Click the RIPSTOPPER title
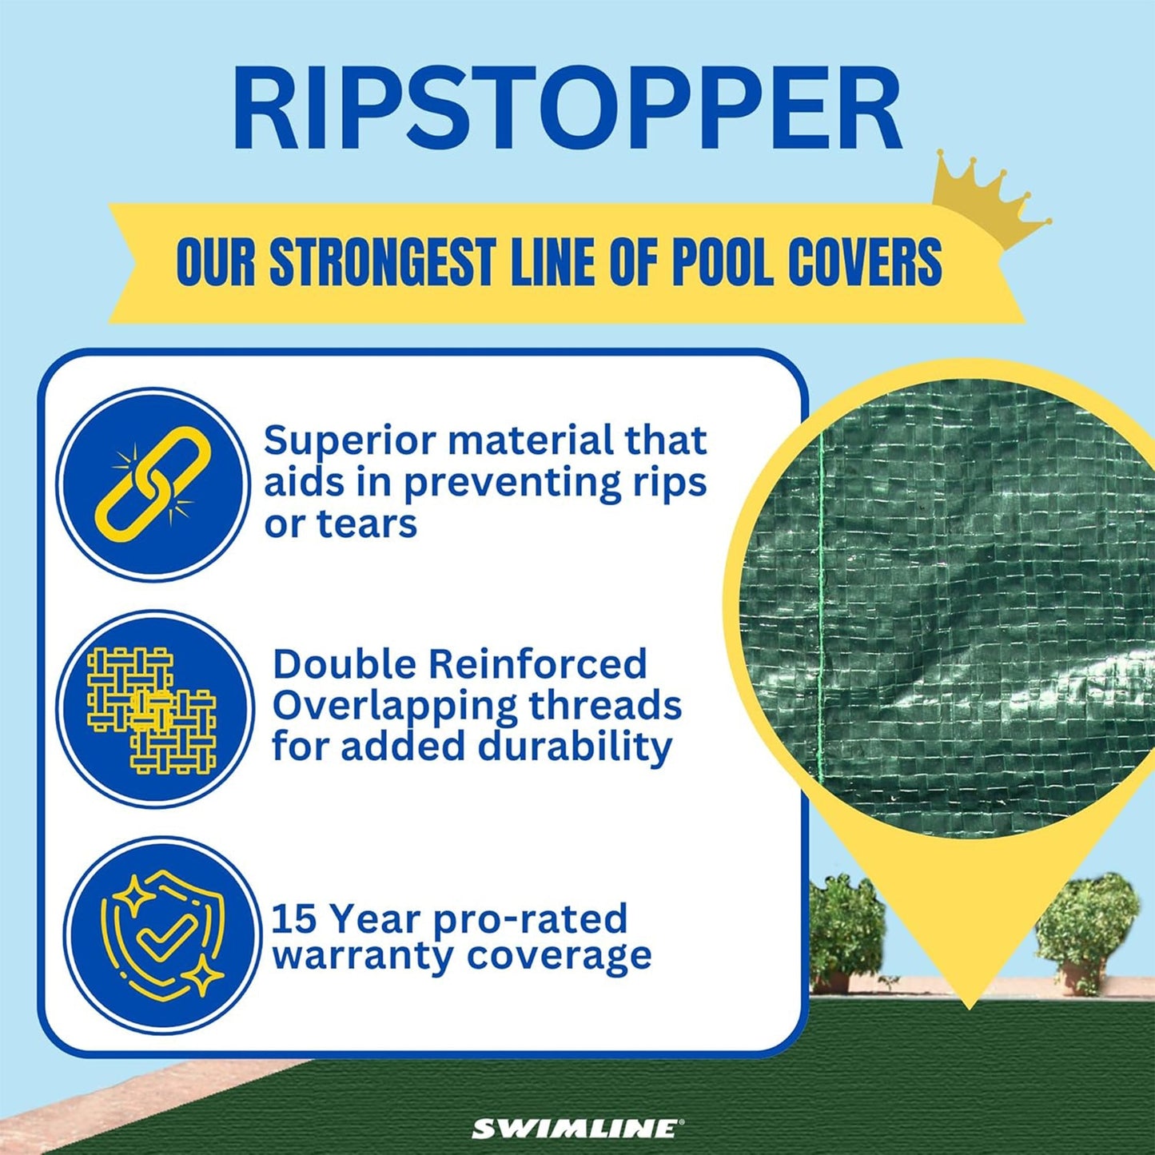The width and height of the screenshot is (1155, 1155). pos(568,110)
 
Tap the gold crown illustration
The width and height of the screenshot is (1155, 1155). pos(991,200)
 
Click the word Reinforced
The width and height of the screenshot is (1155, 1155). pos(537,664)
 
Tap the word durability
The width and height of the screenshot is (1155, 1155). pos(575,747)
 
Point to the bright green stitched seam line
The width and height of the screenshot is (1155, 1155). pos(821,607)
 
